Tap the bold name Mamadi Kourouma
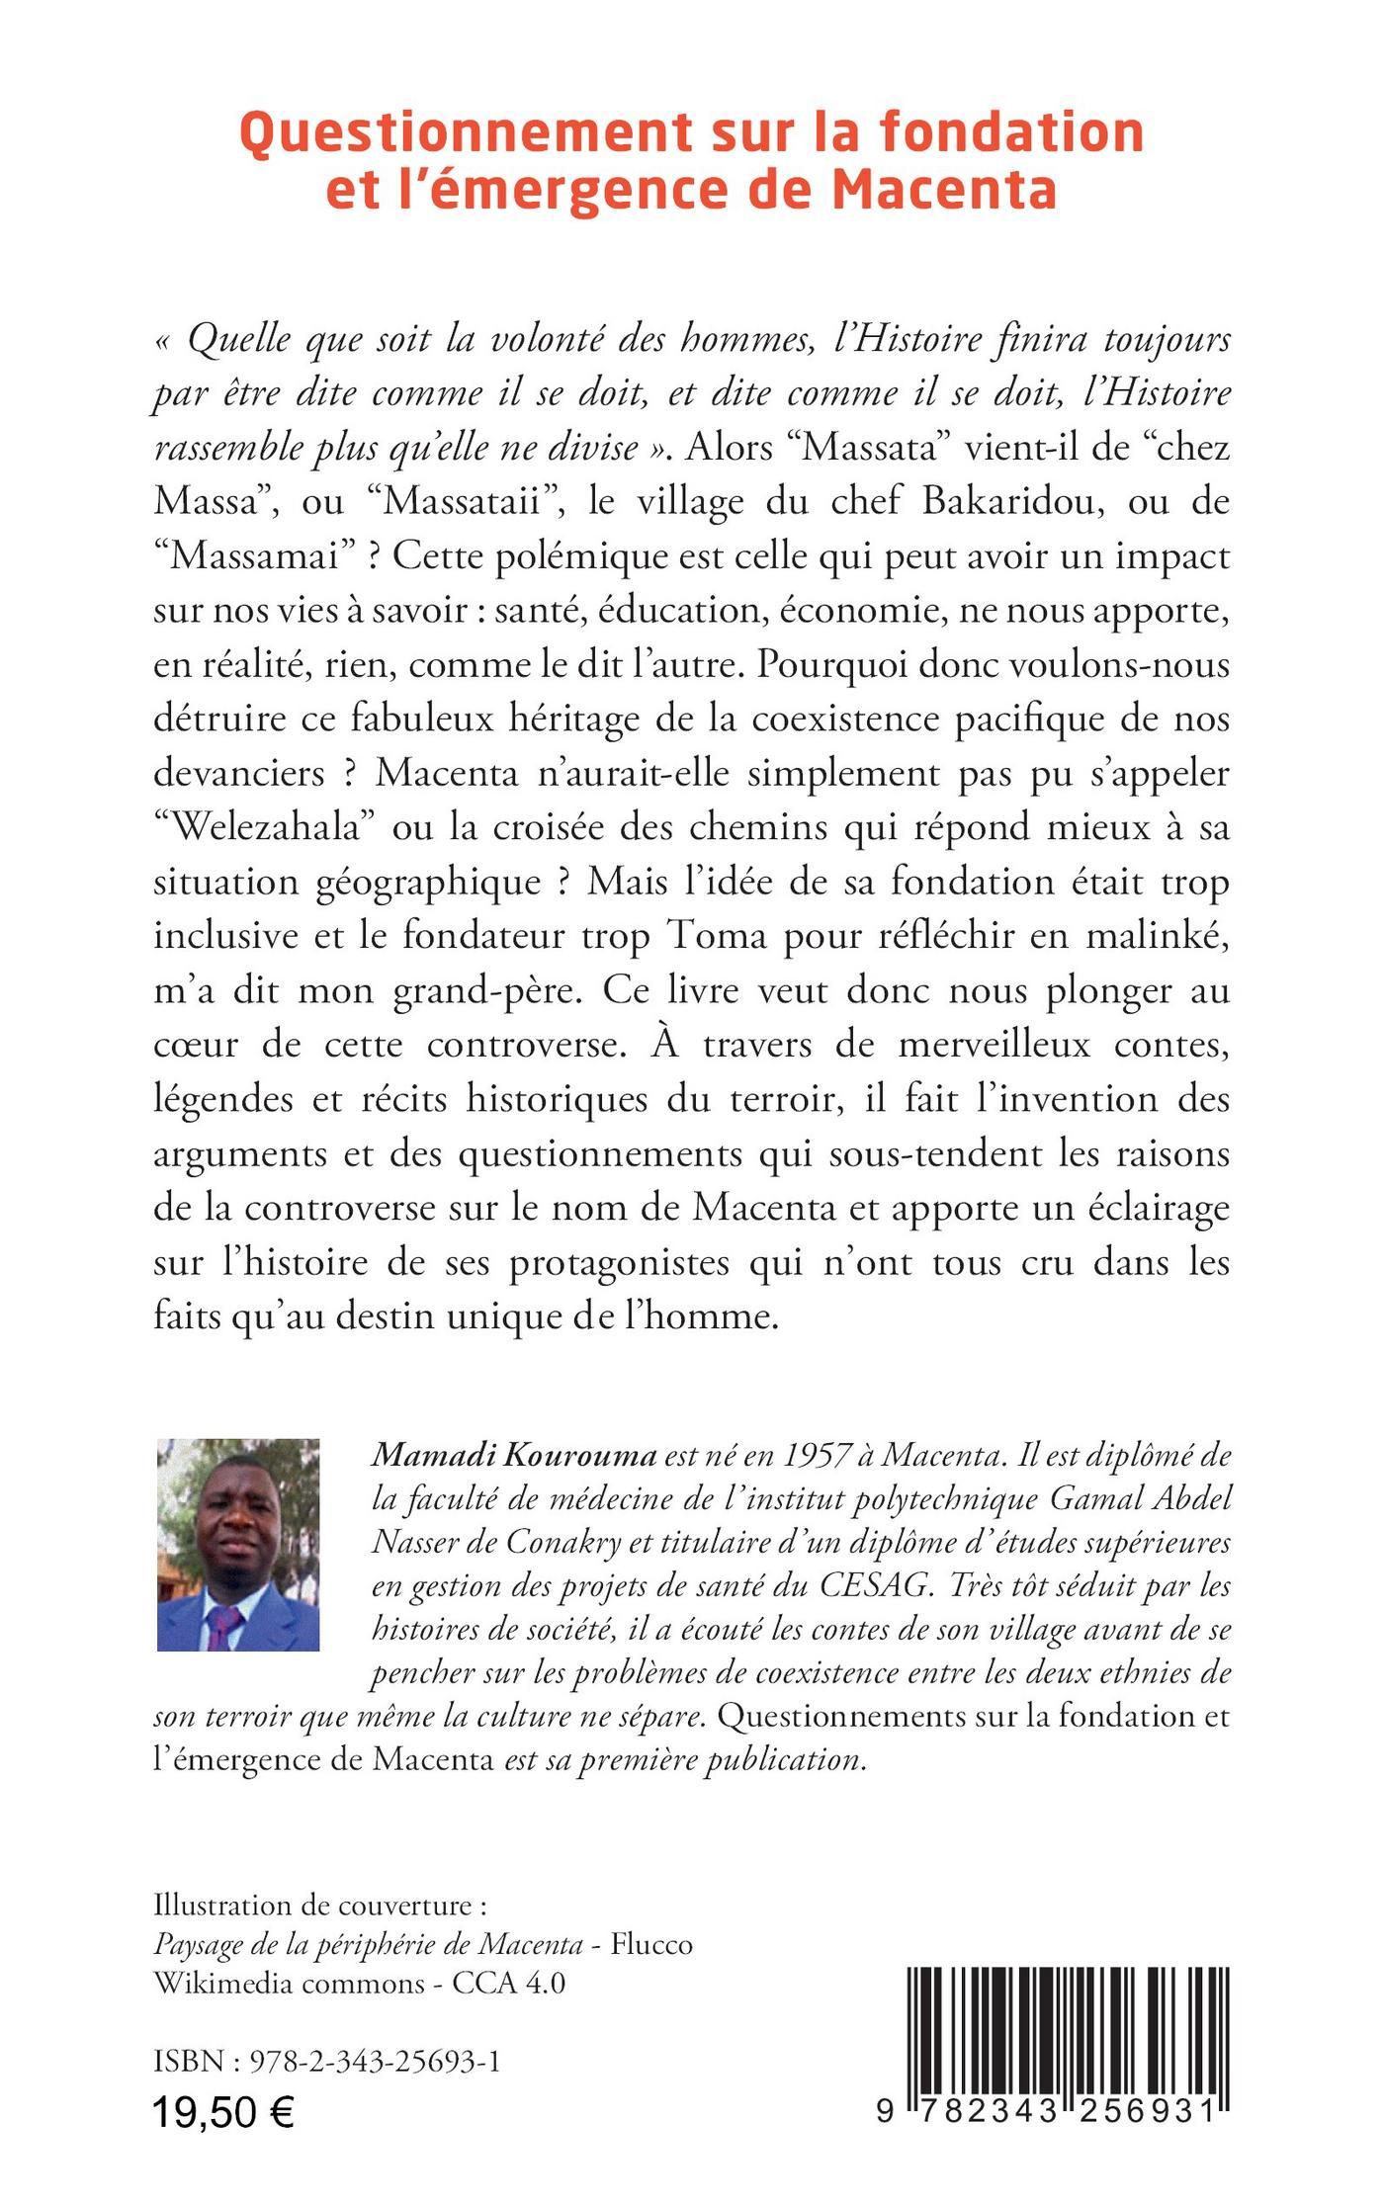pyautogui.click(x=513, y=1456)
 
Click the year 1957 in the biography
pyautogui.click(x=821, y=1456)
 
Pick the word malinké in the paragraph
pyautogui.click(x=1157, y=936)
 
